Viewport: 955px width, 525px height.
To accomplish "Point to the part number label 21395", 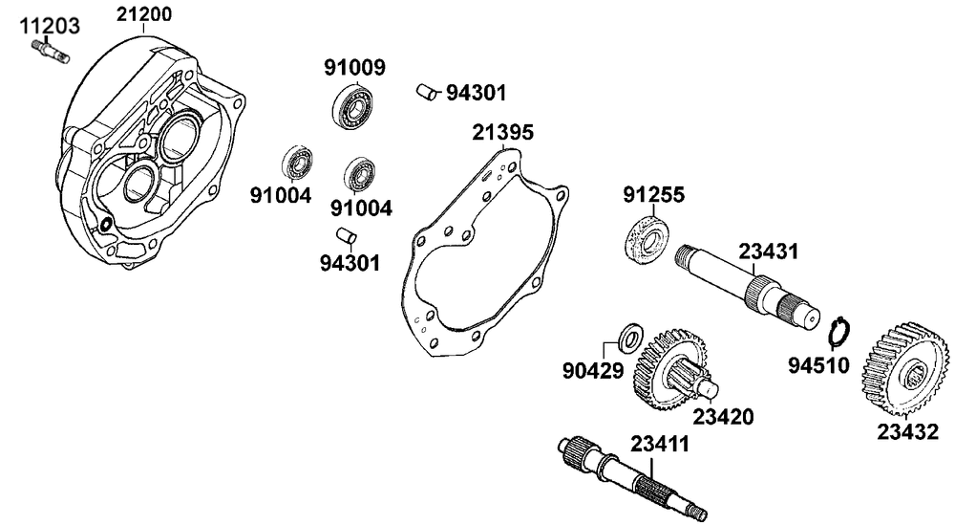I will (x=501, y=132).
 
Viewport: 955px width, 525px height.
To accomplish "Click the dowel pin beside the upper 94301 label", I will (x=426, y=91).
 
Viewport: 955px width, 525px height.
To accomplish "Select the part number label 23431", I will (x=768, y=252).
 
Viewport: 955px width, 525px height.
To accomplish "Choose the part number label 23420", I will (x=723, y=417).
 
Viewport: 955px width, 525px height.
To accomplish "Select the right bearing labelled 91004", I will (x=361, y=174).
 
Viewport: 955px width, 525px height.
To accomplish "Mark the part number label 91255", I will (x=653, y=196).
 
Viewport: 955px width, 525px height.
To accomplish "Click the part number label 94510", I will (x=819, y=364).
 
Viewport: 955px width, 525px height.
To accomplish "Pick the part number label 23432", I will (x=907, y=430).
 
